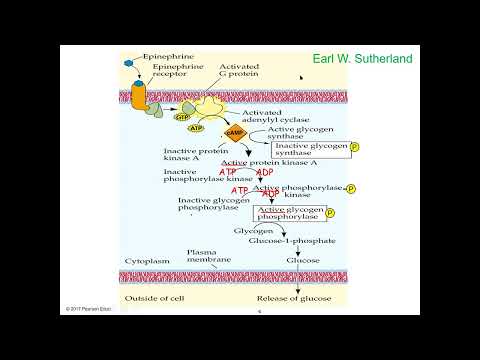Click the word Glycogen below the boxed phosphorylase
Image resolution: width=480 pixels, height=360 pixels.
coord(251,231)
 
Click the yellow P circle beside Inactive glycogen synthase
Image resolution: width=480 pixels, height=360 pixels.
coord(353,149)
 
